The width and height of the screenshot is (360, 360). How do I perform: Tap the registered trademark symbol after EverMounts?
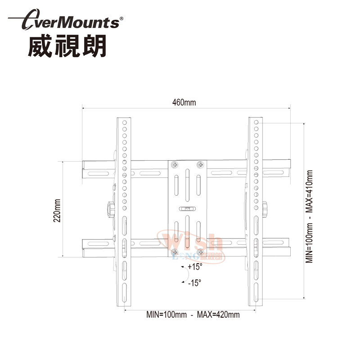pos(121,19)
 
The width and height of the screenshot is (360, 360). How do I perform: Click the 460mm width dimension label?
pos(184,102)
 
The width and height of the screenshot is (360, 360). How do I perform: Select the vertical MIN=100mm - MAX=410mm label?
pos(310,216)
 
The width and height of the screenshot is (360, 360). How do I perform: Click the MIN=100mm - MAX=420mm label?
pos(193,315)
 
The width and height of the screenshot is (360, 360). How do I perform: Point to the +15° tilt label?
pos(195,267)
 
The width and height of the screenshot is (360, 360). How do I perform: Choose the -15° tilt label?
pos(194,283)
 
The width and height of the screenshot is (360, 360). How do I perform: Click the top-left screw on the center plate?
pos(175,165)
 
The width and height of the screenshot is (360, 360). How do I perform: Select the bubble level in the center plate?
pos(187,209)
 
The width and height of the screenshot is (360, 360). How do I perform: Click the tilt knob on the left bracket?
pos(109,208)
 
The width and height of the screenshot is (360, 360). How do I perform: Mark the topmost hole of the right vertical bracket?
pos(256,122)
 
